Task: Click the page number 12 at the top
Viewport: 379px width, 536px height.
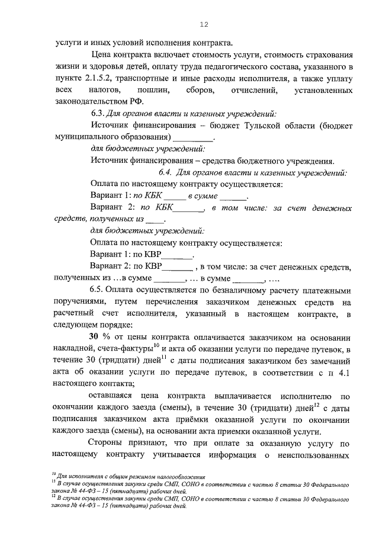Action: [x=204, y=24]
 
